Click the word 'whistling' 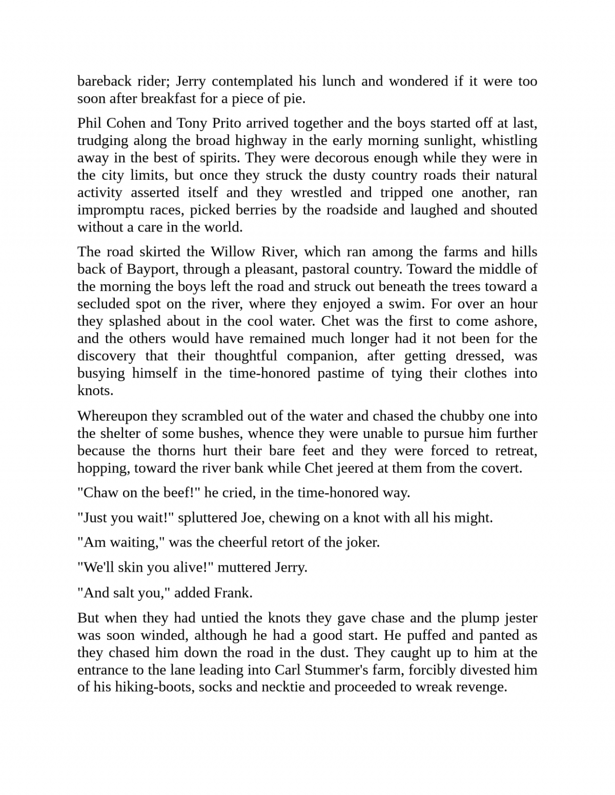point(509,140)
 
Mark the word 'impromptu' point(106,210)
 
